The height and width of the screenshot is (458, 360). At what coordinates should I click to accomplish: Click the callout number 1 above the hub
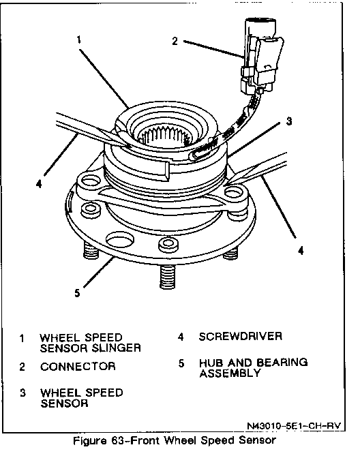(x=78, y=40)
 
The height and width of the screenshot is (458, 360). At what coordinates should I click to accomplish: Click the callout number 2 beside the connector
(x=175, y=41)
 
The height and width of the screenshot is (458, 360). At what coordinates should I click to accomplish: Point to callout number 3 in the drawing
(x=289, y=121)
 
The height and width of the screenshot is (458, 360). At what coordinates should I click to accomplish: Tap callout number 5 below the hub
(x=77, y=292)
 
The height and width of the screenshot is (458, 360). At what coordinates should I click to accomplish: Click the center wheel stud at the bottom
(x=167, y=276)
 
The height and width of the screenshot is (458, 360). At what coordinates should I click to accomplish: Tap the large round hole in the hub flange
(x=120, y=240)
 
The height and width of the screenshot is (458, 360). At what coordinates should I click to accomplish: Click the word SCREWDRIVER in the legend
(x=241, y=337)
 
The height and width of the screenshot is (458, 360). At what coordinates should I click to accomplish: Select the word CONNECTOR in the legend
(x=78, y=366)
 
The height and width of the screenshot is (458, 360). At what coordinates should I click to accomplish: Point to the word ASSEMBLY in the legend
(x=230, y=373)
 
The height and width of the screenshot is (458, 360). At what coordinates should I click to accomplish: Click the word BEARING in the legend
(x=282, y=363)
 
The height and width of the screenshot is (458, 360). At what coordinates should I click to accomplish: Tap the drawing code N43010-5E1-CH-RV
(x=294, y=426)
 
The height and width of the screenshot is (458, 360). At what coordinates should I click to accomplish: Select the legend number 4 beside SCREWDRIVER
(x=181, y=337)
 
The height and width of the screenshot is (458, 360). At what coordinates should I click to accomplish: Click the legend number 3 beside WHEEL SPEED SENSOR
(x=22, y=393)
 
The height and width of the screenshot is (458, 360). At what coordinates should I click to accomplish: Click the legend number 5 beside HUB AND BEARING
(x=181, y=363)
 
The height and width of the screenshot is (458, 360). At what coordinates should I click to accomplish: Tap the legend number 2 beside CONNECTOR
(x=22, y=367)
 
